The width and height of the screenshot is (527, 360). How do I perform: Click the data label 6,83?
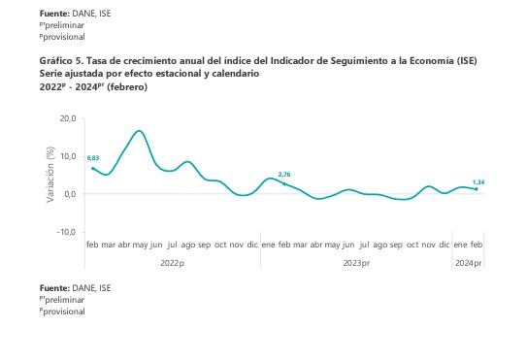pos(93,157)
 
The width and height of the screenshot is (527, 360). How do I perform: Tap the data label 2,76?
pos(284,175)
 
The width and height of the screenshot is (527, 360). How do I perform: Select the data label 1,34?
pos(478,181)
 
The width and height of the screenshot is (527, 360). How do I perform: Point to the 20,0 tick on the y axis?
pos(67,118)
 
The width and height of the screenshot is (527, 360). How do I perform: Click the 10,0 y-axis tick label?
pos(67,156)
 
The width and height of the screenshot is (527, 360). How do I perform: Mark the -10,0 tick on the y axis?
pos(66,233)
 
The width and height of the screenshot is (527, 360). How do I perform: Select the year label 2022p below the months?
pos(171,263)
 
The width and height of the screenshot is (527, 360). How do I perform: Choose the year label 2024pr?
pos(468,263)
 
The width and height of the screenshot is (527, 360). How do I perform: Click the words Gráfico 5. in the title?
pos(61,61)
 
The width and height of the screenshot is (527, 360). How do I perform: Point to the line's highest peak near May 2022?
pos(140,131)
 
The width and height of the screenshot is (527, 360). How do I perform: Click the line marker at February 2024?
pos(477,189)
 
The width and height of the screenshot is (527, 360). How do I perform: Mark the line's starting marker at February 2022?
pos(92,168)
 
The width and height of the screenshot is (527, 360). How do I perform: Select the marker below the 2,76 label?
pos(284,183)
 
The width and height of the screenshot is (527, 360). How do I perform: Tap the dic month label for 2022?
pos(252,245)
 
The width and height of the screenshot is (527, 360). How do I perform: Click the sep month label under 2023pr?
pos(396,245)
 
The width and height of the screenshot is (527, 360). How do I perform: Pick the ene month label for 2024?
pos(460,245)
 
